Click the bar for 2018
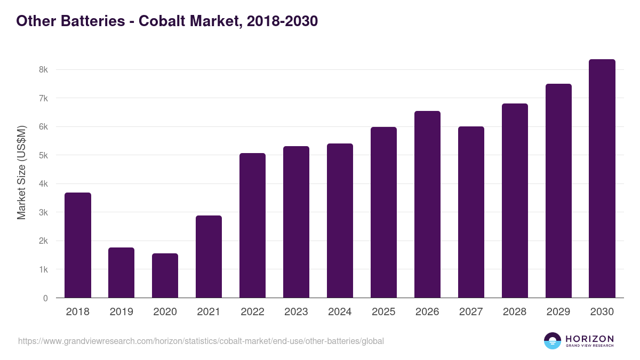pyautogui.click(x=78, y=245)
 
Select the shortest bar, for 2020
pyautogui.click(x=165, y=276)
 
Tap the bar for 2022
pyautogui.click(x=252, y=226)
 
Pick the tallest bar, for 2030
pyautogui.click(x=602, y=179)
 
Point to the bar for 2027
pyautogui.click(x=471, y=212)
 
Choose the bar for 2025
pyautogui.click(x=383, y=212)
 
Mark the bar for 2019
pyautogui.click(x=122, y=273)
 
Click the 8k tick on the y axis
pyautogui.click(x=43, y=70)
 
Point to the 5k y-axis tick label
pyautogui.click(x=43, y=155)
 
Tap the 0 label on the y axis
pyautogui.click(x=45, y=298)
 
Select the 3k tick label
pyautogui.click(x=43, y=212)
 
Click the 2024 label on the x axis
pyautogui.click(x=340, y=312)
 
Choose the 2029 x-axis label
pyautogui.click(x=558, y=312)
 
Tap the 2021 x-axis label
pyautogui.click(x=209, y=312)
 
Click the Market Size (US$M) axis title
pyautogui.click(x=22, y=172)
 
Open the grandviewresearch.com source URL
pyautogui.click(x=201, y=341)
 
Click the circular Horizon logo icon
pyautogui.click(x=553, y=341)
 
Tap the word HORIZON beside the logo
pyautogui.click(x=589, y=339)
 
